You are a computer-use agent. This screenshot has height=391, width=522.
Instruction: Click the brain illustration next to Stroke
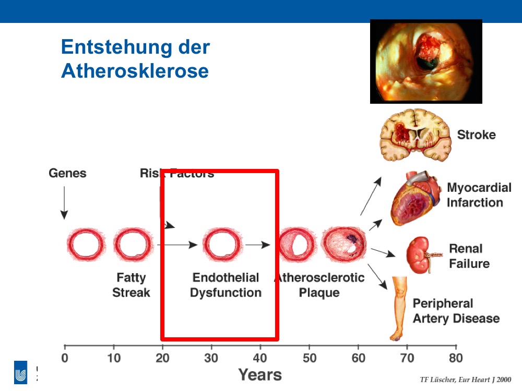(416, 135)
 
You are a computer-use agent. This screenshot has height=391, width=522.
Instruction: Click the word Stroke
(477, 135)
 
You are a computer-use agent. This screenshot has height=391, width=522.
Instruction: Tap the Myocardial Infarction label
(479, 195)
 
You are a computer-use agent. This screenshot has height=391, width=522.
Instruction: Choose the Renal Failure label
(469, 256)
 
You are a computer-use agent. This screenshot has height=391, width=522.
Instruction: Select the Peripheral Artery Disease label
(456, 311)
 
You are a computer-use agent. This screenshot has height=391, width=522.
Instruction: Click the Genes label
(67, 173)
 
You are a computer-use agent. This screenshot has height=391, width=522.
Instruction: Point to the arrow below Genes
(64, 203)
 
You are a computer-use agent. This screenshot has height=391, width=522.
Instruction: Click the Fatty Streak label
(131, 285)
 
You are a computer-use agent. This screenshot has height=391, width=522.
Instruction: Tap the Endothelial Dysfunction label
(226, 285)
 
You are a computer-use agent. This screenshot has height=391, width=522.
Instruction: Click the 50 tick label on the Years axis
(309, 358)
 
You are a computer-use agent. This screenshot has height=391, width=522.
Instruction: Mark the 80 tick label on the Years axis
(456, 358)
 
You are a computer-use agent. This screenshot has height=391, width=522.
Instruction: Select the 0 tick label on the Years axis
(65, 358)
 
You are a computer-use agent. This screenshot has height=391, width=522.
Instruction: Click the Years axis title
(260, 375)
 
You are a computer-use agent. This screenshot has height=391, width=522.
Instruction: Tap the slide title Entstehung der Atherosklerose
(136, 59)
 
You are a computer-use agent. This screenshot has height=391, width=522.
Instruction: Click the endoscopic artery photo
(426, 62)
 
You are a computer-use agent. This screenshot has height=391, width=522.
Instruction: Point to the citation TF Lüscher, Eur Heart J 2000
(466, 380)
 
